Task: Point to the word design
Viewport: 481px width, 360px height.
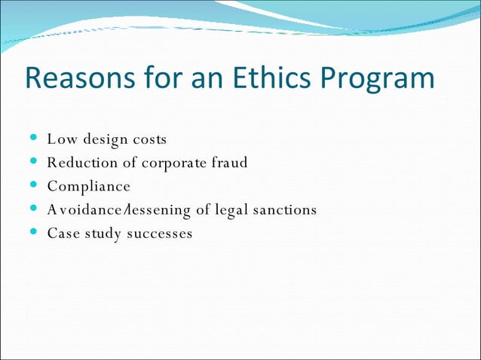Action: point(103,141)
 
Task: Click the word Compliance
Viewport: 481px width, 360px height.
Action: point(88,187)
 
